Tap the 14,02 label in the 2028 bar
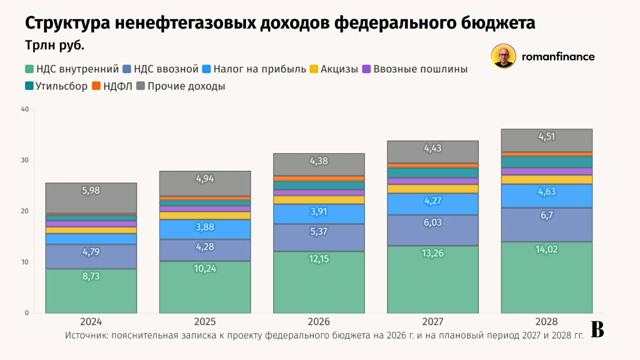click(x=546, y=249)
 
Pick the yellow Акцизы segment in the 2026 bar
click(x=318, y=199)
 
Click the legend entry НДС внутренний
click(x=77, y=69)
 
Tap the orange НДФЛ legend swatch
click(x=97, y=86)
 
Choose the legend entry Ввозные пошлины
click(x=420, y=69)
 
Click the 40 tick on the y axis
click(x=24, y=110)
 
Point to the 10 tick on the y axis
click(x=24, y=262)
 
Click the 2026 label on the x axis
click(x=318, y=322)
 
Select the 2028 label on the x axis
click(x=546, y=322)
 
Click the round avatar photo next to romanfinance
click(x=503, y=57)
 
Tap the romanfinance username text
click(x=558, y=57)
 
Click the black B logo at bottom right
click(x=597, y=330)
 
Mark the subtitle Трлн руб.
click(x=54, y=46)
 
